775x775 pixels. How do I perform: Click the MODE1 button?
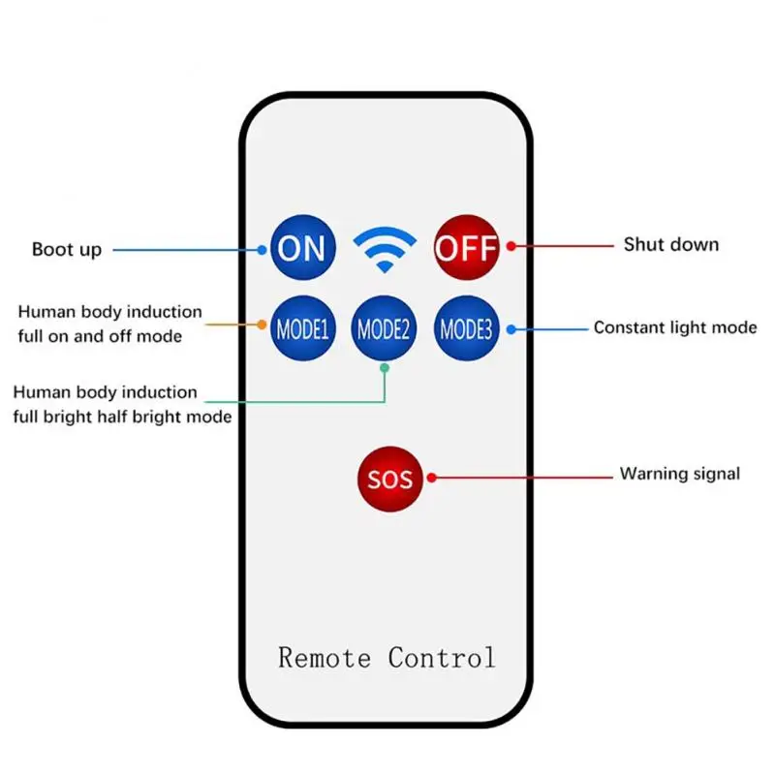(303, 328)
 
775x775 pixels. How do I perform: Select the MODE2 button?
(385, 328)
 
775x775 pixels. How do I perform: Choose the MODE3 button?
(466, 328)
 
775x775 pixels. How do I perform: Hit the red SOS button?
(390, 479)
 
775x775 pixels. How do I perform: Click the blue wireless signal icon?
(385, 248)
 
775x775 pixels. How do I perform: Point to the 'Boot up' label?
(66, 250)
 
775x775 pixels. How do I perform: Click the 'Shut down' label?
(670, 244)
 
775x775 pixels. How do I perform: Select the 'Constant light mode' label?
(675, 327)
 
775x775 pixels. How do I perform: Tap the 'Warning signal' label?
(680, 474)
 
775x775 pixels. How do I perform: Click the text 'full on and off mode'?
(100, 337)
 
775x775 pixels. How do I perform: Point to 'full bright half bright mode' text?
(122, 418)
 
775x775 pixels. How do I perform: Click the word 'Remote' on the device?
(325, 658)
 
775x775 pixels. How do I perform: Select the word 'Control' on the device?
(442, 658)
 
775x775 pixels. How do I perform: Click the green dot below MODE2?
(385, 368)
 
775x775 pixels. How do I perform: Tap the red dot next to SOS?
(432, 477)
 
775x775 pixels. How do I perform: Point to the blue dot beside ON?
(263, 249)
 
